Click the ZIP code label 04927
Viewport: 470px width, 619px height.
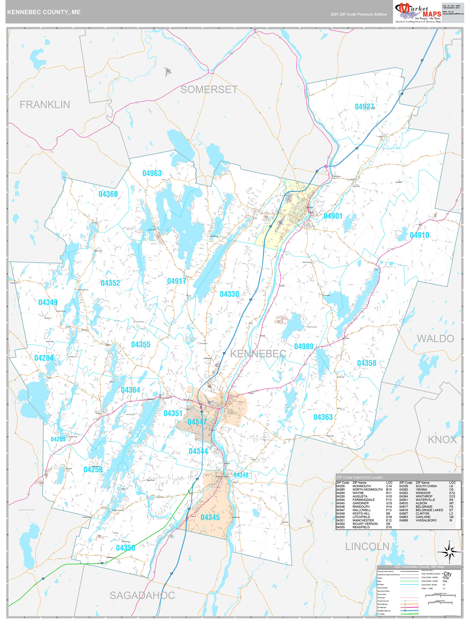[364, 107]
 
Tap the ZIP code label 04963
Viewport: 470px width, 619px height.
[152, 173]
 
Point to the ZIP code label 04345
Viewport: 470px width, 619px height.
[210, 517]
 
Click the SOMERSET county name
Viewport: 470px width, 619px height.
[209, 90]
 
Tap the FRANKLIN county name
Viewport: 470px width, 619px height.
[45, 105]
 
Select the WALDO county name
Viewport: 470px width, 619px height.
[435, 339]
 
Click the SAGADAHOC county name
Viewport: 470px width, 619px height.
[142, 595]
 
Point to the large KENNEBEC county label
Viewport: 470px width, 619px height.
[258, 354]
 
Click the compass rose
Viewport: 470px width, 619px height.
[450, 552]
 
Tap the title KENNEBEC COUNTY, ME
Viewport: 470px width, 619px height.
[44, 12]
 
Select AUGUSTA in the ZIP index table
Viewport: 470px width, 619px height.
[360, 496]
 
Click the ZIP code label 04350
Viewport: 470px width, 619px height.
[125, 548]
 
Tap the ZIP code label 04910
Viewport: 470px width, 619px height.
[419, 235]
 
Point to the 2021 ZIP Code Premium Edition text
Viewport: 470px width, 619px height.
[358, 14]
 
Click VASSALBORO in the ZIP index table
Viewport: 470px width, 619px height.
[426, 520]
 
